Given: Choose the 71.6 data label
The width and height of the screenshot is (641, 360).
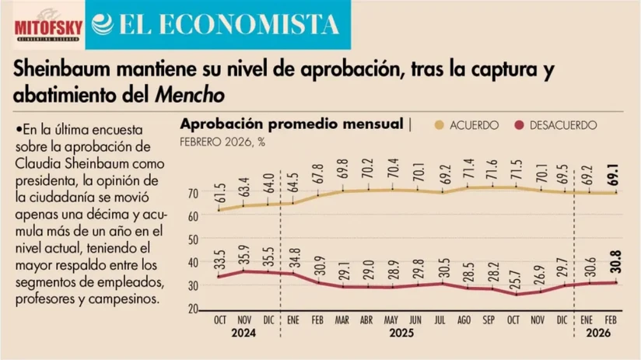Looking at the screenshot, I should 490,169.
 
